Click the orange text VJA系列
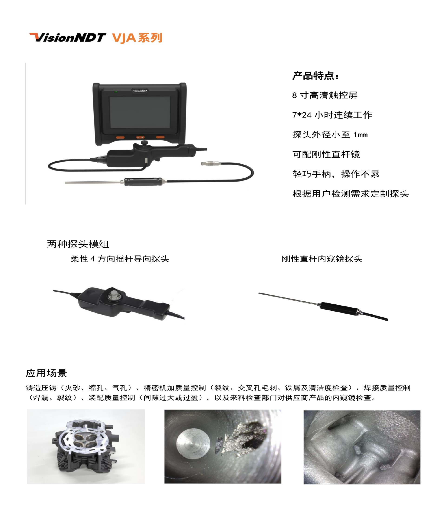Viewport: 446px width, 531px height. [137, 38]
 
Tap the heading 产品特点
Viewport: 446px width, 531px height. [315, 76]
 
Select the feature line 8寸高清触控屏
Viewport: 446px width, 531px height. [325, 95]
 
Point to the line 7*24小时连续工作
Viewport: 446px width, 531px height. [332, 115]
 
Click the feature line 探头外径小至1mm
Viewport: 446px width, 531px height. [330, 135]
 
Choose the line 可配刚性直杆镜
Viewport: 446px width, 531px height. [326, 154]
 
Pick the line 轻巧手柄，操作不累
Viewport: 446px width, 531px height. [336, 174]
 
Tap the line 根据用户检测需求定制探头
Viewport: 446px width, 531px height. [350, 194]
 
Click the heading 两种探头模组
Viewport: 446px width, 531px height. [78, 244]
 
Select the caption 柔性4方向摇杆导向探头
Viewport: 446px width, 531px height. [120, 259]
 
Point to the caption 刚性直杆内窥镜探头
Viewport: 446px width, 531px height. [322, 259]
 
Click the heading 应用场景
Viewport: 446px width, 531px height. [46, 373]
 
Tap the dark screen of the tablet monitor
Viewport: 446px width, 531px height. [140, 112]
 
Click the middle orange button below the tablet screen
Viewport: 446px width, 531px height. [140, 137]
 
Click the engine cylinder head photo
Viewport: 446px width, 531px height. [86, 446]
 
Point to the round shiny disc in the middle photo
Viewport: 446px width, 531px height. [193, 444]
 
